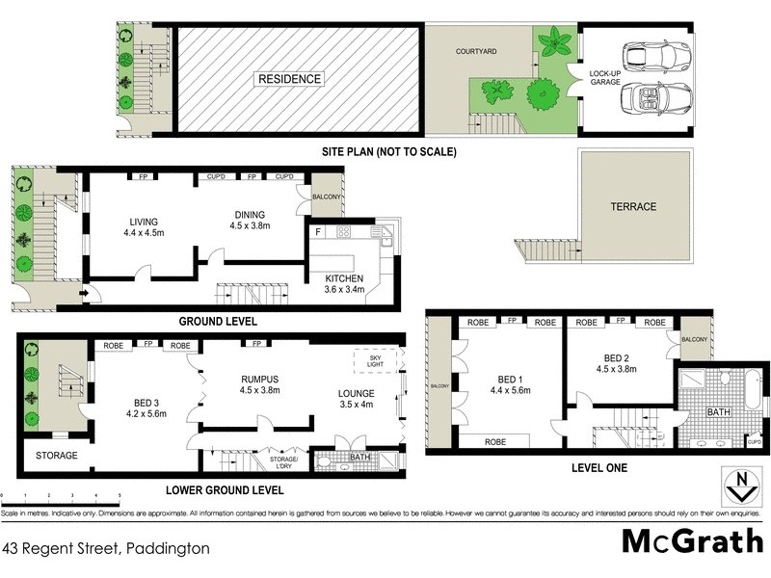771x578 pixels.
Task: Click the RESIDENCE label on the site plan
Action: (290, 79)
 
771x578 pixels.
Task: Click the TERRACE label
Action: (633, 206)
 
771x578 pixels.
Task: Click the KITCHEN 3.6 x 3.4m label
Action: (343, 284)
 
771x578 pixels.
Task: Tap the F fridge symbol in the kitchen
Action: (318, 232)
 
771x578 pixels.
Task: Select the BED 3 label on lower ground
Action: (146, 407)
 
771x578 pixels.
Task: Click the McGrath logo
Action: (692, 542)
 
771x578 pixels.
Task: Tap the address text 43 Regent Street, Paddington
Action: (107, 548)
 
